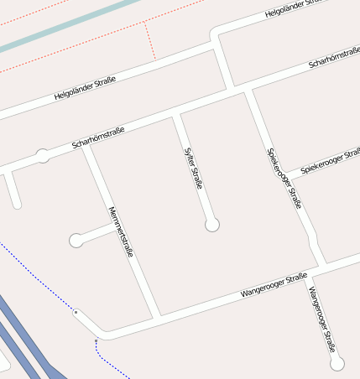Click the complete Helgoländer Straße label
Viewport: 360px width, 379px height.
[84, 87]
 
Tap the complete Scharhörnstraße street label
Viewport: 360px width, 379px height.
[98, 138]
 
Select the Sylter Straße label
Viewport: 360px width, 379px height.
[193, 168]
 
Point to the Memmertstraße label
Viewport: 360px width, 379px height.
[122, 231]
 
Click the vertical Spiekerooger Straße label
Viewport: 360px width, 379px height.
[284, 178]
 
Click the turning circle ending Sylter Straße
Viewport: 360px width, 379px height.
[212, 225]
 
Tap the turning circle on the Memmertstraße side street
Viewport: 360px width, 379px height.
[76, 241]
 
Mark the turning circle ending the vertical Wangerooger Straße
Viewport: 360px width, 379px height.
[337, 363]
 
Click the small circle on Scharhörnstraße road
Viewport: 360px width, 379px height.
[43, 155]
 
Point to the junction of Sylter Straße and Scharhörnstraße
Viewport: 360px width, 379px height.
[176, 113]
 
